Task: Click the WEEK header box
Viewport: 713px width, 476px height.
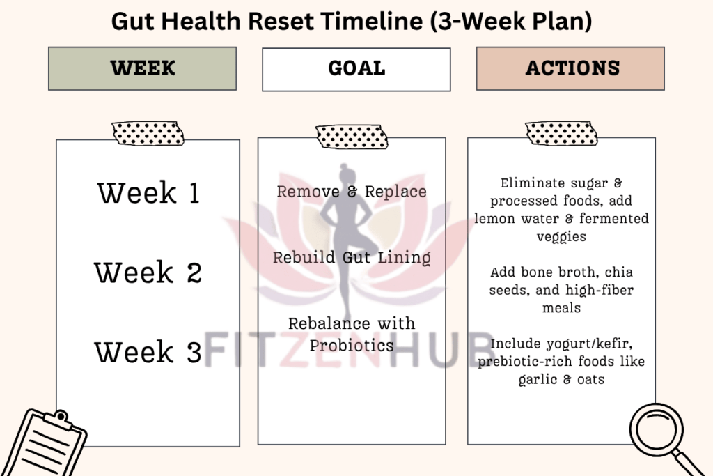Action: (142, 68)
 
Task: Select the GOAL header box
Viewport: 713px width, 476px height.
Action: (356, 69)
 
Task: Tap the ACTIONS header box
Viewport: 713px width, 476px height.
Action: (570, 68)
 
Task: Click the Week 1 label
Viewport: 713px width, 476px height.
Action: (149, 192)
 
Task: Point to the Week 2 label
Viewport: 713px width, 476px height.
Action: (148, 272)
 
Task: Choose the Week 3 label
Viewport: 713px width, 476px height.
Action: (148, 352)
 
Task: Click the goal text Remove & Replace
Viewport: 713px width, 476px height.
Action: (352, 192)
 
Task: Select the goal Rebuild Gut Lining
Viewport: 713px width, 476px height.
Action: (352, 258)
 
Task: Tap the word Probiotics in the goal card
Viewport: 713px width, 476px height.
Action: (352, 346)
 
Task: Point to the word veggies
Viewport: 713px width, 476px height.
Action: (562, 237)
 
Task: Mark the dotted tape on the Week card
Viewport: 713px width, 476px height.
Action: (148, 133)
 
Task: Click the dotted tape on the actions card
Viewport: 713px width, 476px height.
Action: (562, 133)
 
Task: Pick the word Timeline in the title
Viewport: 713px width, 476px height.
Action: (371, 22)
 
